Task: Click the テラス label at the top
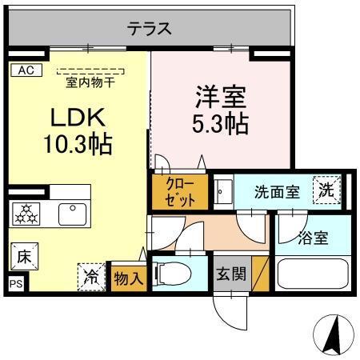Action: (x=150, y=30)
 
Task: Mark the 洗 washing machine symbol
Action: (x=326, y=190)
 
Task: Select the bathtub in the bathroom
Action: (x=313, y=273)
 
